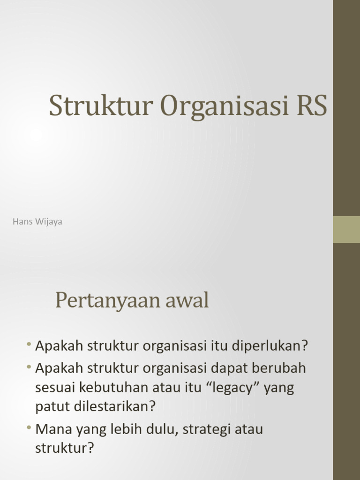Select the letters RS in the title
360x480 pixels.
[311, 105]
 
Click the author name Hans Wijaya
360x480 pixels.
[37, 222]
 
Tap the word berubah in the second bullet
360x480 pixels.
[280, 368]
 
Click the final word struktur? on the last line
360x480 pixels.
[65, 448]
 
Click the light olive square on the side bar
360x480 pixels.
[346, 229]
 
